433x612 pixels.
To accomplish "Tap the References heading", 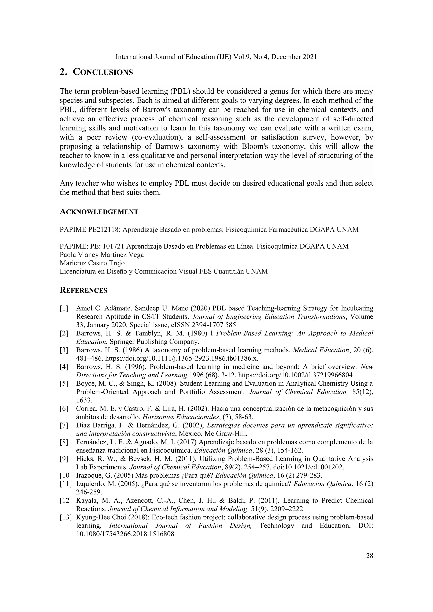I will coord(84,290).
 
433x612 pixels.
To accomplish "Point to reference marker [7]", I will coord(64,425).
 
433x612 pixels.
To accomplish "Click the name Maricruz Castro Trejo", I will coord(92,263).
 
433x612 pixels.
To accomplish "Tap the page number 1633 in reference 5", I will coord(83,400).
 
